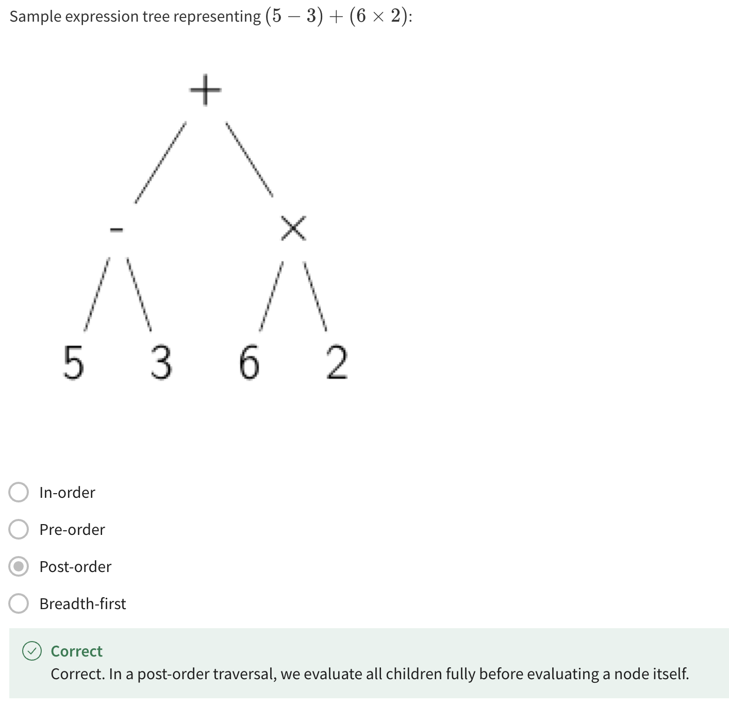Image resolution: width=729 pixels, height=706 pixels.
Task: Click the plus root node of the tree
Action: click(x=205, y=90)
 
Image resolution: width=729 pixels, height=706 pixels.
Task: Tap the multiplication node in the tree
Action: click(x=293, y=228)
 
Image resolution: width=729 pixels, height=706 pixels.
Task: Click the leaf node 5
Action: click(x=73, y=362)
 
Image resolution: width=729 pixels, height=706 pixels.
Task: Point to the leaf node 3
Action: click(x=161, y=362)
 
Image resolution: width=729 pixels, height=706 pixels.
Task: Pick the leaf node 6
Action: click(x=249, y=362)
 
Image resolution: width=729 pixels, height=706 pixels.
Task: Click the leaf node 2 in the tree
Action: click(x=337, y=362)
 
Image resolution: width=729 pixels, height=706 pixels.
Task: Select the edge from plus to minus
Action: click(x=160, y=162)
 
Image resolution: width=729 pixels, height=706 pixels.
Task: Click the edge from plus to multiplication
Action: click(x=249, y=159)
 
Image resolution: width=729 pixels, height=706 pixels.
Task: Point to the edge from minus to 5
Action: click(x=97, y=294)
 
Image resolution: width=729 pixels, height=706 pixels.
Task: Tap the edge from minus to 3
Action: click(x=139, y=294)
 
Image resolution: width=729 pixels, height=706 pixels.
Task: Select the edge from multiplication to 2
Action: click(x=315, y=296)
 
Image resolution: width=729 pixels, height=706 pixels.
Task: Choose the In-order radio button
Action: click(x=19, y=492)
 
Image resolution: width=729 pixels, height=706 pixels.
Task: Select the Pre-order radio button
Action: click(x=19, y=529)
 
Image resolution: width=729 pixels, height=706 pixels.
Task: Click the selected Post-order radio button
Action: click(x=19, y=566)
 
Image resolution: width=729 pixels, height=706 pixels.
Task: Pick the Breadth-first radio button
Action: click(x=19, y=603)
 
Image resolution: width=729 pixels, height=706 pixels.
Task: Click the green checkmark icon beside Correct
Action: click(x=31, y=651)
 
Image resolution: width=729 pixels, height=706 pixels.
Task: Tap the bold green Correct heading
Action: click(x=76, y=651)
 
